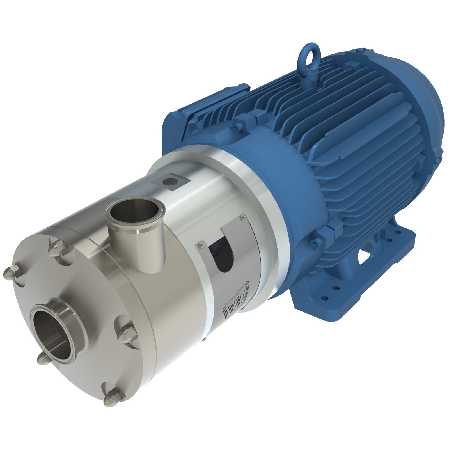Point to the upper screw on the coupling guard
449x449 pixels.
coord(241,217)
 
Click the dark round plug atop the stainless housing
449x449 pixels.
coord(170,182)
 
